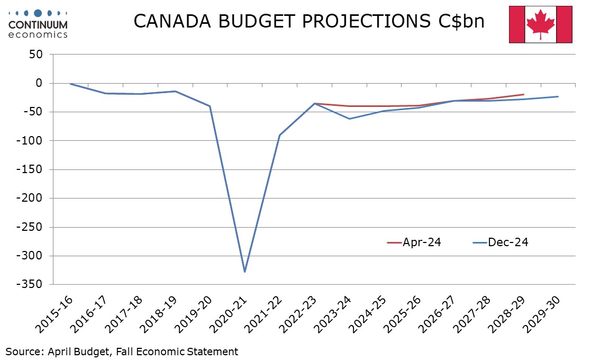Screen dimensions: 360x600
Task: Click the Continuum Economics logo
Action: click(x=38, y=24)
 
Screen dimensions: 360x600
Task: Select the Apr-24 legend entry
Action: click(x=414, y=242)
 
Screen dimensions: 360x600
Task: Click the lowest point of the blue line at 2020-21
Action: click(x=244, y=272)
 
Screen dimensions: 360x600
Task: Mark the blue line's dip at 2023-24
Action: click(x=349, y=119)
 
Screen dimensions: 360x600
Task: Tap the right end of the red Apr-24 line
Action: click(x=523, y=94)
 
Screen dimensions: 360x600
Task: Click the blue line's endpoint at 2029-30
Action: click(x=558, y=96)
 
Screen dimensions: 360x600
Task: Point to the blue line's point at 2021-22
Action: click(x=279, y=135)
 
